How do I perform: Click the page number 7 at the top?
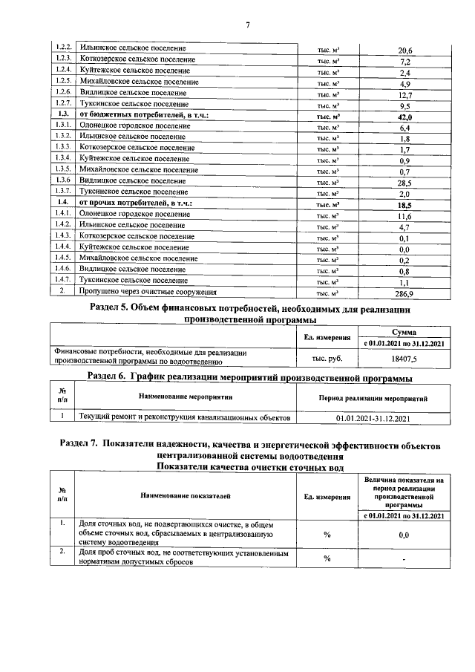coord(247,25)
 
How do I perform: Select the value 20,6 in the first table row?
coord(404,50)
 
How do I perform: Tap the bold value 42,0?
coord(404,117)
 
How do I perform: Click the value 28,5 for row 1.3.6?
coord(404,183)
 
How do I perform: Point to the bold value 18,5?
coord(404,204)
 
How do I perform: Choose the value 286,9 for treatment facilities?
coord(404,293)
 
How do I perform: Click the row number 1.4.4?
coord(63,248)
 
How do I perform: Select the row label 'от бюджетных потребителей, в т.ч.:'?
coord(144,117)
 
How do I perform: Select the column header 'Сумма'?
coord(404,332)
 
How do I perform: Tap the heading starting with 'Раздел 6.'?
coord(249,378)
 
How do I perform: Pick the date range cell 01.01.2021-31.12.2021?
coord(373,419)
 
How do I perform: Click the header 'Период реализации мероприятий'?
coord(373,399)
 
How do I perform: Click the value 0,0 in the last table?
coord(404,535)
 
